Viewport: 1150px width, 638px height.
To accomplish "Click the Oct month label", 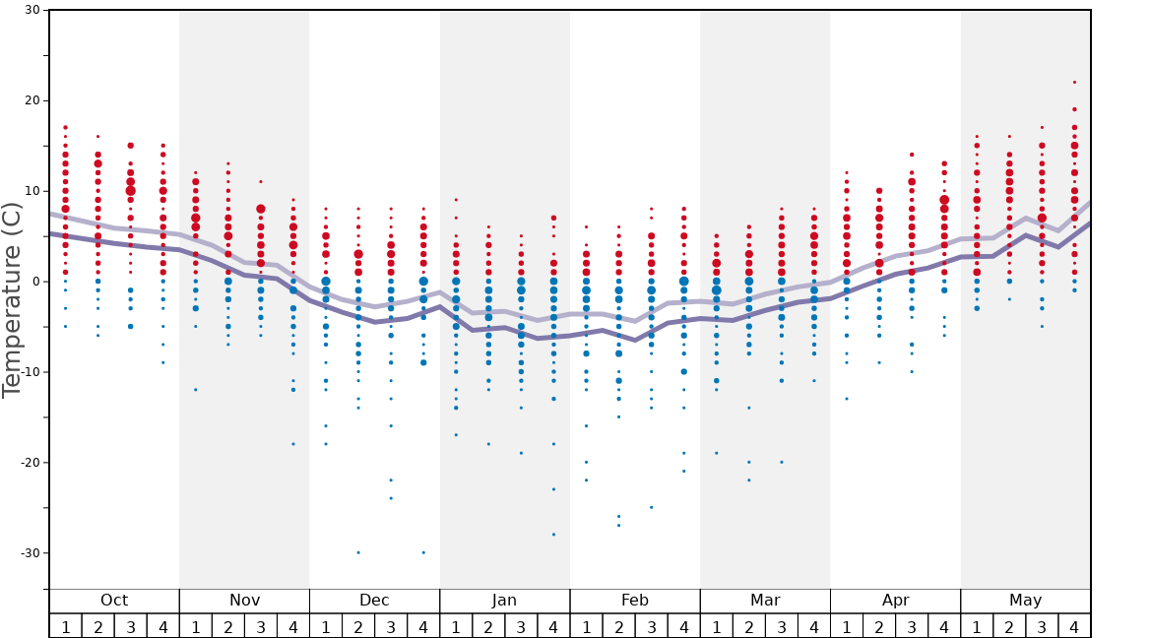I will [114, 601].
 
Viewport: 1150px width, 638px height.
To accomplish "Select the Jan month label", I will [504, 601].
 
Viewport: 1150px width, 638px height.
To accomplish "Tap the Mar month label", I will [765, 601].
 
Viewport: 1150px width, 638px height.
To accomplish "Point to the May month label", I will [1025, 601].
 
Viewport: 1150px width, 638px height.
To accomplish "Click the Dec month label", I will [374, 601].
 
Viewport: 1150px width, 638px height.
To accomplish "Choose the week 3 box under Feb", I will [651, 626].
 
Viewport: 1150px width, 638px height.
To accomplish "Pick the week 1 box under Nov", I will [195, 626].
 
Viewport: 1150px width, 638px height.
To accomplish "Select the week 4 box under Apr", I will [944, 626].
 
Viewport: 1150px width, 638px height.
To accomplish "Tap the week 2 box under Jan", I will [488, 626].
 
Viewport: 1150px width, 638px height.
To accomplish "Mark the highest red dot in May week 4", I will [1074, 83].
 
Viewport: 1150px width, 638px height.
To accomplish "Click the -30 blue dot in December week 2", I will [358, 552].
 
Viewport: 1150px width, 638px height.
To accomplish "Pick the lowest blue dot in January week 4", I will [553, 535].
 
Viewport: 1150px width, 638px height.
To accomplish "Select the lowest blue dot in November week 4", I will [293, 444].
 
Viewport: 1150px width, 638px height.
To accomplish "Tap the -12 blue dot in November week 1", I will [195, 390].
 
